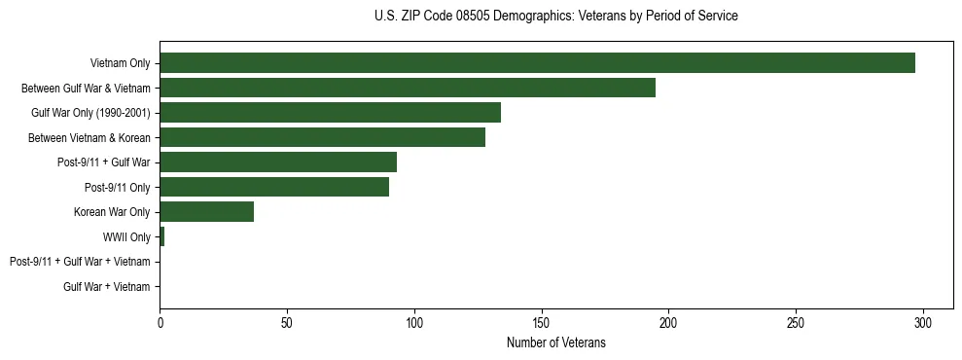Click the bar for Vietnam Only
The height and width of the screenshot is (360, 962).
point(537,63)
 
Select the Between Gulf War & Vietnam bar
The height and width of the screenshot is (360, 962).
point(408,88)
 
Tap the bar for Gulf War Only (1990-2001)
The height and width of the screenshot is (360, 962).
point(330,113)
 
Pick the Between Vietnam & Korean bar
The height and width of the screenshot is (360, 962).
point(322,137)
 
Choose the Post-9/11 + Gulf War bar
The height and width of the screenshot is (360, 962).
point(278,162)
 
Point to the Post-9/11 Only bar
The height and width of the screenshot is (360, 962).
point(274,187)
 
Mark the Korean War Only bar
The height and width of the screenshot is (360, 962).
point(206,212)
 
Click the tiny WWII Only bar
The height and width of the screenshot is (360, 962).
point(162,236)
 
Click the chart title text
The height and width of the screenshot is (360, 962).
point(555,17)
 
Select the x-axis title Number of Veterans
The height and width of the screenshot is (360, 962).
point(555,342)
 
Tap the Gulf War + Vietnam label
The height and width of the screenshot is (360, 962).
point(107,286)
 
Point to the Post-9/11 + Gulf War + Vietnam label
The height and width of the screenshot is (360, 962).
point(80,262)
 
